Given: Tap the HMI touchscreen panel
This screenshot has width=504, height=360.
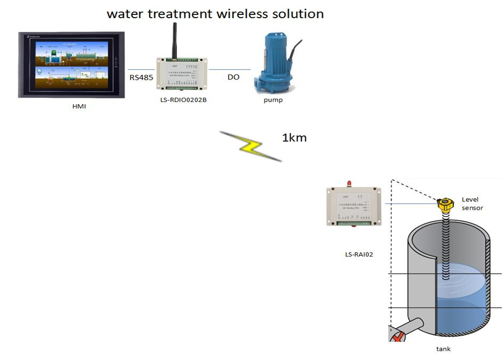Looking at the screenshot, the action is coord(71,65).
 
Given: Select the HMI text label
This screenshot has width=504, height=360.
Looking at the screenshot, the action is coord(79,106).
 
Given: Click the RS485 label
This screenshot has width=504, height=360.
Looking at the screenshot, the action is coord(141,77).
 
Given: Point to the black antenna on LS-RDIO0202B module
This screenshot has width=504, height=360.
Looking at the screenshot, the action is coord(175,40).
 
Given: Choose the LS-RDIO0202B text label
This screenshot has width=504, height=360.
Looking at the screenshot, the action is coord(183,100).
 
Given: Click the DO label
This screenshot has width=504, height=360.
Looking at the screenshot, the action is coord(233,77).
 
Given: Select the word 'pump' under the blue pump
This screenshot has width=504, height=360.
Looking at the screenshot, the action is coord(273,100).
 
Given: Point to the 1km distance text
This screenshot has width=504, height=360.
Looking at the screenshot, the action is coord(294,138).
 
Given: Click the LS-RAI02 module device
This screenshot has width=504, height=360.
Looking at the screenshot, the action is coord(354,206).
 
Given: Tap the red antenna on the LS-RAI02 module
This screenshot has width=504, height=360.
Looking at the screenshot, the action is coord(349,184).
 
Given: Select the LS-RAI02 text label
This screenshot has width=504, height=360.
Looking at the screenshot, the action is coord(359,254).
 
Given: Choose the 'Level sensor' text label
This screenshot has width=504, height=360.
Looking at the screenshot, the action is coord(472,203).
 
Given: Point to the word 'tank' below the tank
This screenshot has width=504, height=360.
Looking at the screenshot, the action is coord(443,349).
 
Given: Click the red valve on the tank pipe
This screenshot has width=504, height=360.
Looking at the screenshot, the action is coord(398,337).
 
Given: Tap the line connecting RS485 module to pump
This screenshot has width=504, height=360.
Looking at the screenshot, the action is coord(229,69).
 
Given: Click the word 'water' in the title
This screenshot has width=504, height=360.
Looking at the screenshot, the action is coord(125,14).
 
